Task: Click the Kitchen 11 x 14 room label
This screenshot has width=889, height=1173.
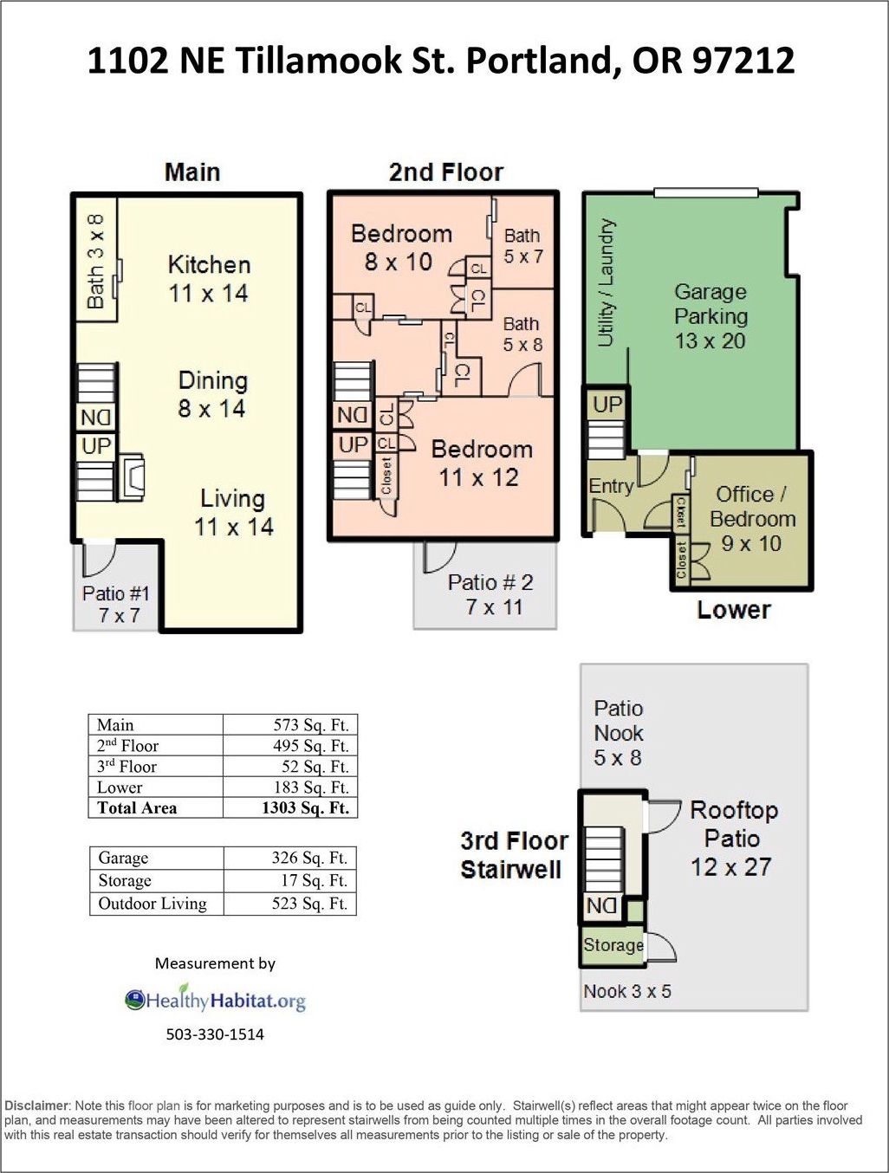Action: coord(209,279)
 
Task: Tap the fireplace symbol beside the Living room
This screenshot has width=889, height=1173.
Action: coord(131,476)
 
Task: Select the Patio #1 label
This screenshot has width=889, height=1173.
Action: coord(116,593)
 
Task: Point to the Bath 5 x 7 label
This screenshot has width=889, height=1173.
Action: coord(523,246)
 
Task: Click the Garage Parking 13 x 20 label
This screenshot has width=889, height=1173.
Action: coord(711,316)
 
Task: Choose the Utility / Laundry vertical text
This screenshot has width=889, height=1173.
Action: coord(607,282)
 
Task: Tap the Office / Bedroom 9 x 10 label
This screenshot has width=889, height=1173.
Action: coord(752,519)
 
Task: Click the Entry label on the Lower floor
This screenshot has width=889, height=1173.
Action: coord(611,486)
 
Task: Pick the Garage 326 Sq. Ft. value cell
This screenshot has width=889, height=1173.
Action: coord(290,858)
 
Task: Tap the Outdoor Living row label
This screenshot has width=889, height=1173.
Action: coord(152,903)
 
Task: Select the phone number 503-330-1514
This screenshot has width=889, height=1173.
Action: coord(215,1034)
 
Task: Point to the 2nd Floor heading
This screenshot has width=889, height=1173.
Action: coord(445,172)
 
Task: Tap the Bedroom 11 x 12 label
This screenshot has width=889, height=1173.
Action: coord(481,463)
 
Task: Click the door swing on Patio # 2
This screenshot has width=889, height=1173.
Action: coord(439,557)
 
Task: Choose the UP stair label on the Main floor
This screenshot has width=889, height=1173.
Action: coord(96,445)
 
